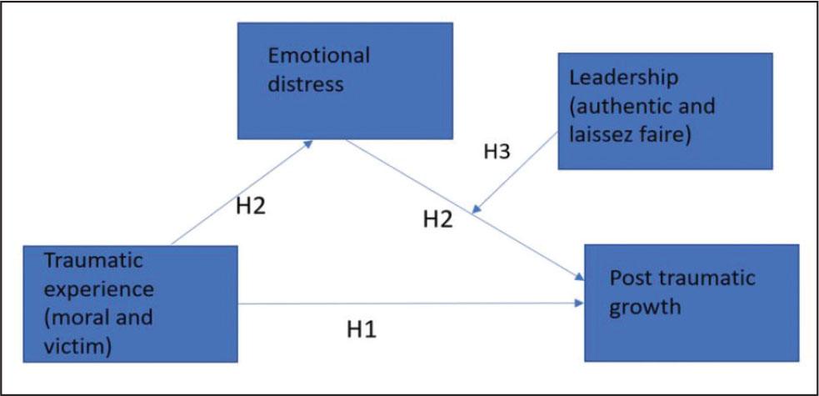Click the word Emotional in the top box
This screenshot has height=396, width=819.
[318, 57]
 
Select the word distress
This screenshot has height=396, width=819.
[301, 84]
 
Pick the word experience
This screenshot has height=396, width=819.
[99, 289]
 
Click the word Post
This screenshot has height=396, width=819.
[630, 278]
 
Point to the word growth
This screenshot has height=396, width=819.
[645, 306]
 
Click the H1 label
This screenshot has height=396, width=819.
[362, 329]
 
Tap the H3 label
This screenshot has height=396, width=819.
[498, 153]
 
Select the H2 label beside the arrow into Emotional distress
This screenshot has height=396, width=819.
[250, 206]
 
